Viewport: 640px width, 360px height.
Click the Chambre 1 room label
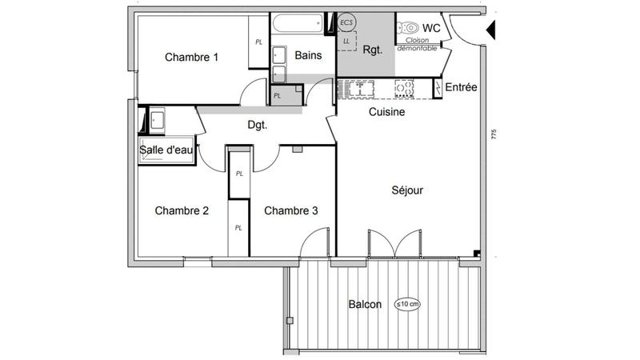tap(192, 57)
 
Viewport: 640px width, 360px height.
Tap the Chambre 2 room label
tap(182, 211)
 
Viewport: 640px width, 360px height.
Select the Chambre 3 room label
tap(291, 211)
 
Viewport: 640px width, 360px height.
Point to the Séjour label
tap(407, 190)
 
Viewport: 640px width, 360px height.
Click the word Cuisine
tap(386, 113)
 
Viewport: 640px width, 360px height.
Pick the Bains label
tap(308, 56)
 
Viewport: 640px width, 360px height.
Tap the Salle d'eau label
tap(166, 150)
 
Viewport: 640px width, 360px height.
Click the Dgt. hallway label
tap(257, 125)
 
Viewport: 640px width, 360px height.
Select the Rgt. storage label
tap(373, 50)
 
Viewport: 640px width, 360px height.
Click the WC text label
tap(431, 28)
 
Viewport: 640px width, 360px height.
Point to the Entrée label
tap(462, 87)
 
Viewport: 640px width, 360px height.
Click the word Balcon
tap(365, 305)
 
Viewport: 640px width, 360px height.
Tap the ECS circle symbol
tap(346, 22)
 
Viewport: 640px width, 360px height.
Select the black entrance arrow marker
tap(491, 31)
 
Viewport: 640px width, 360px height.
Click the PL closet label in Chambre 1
tap(258, 42)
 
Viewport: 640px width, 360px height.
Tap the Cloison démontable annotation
tap(418, 45)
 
